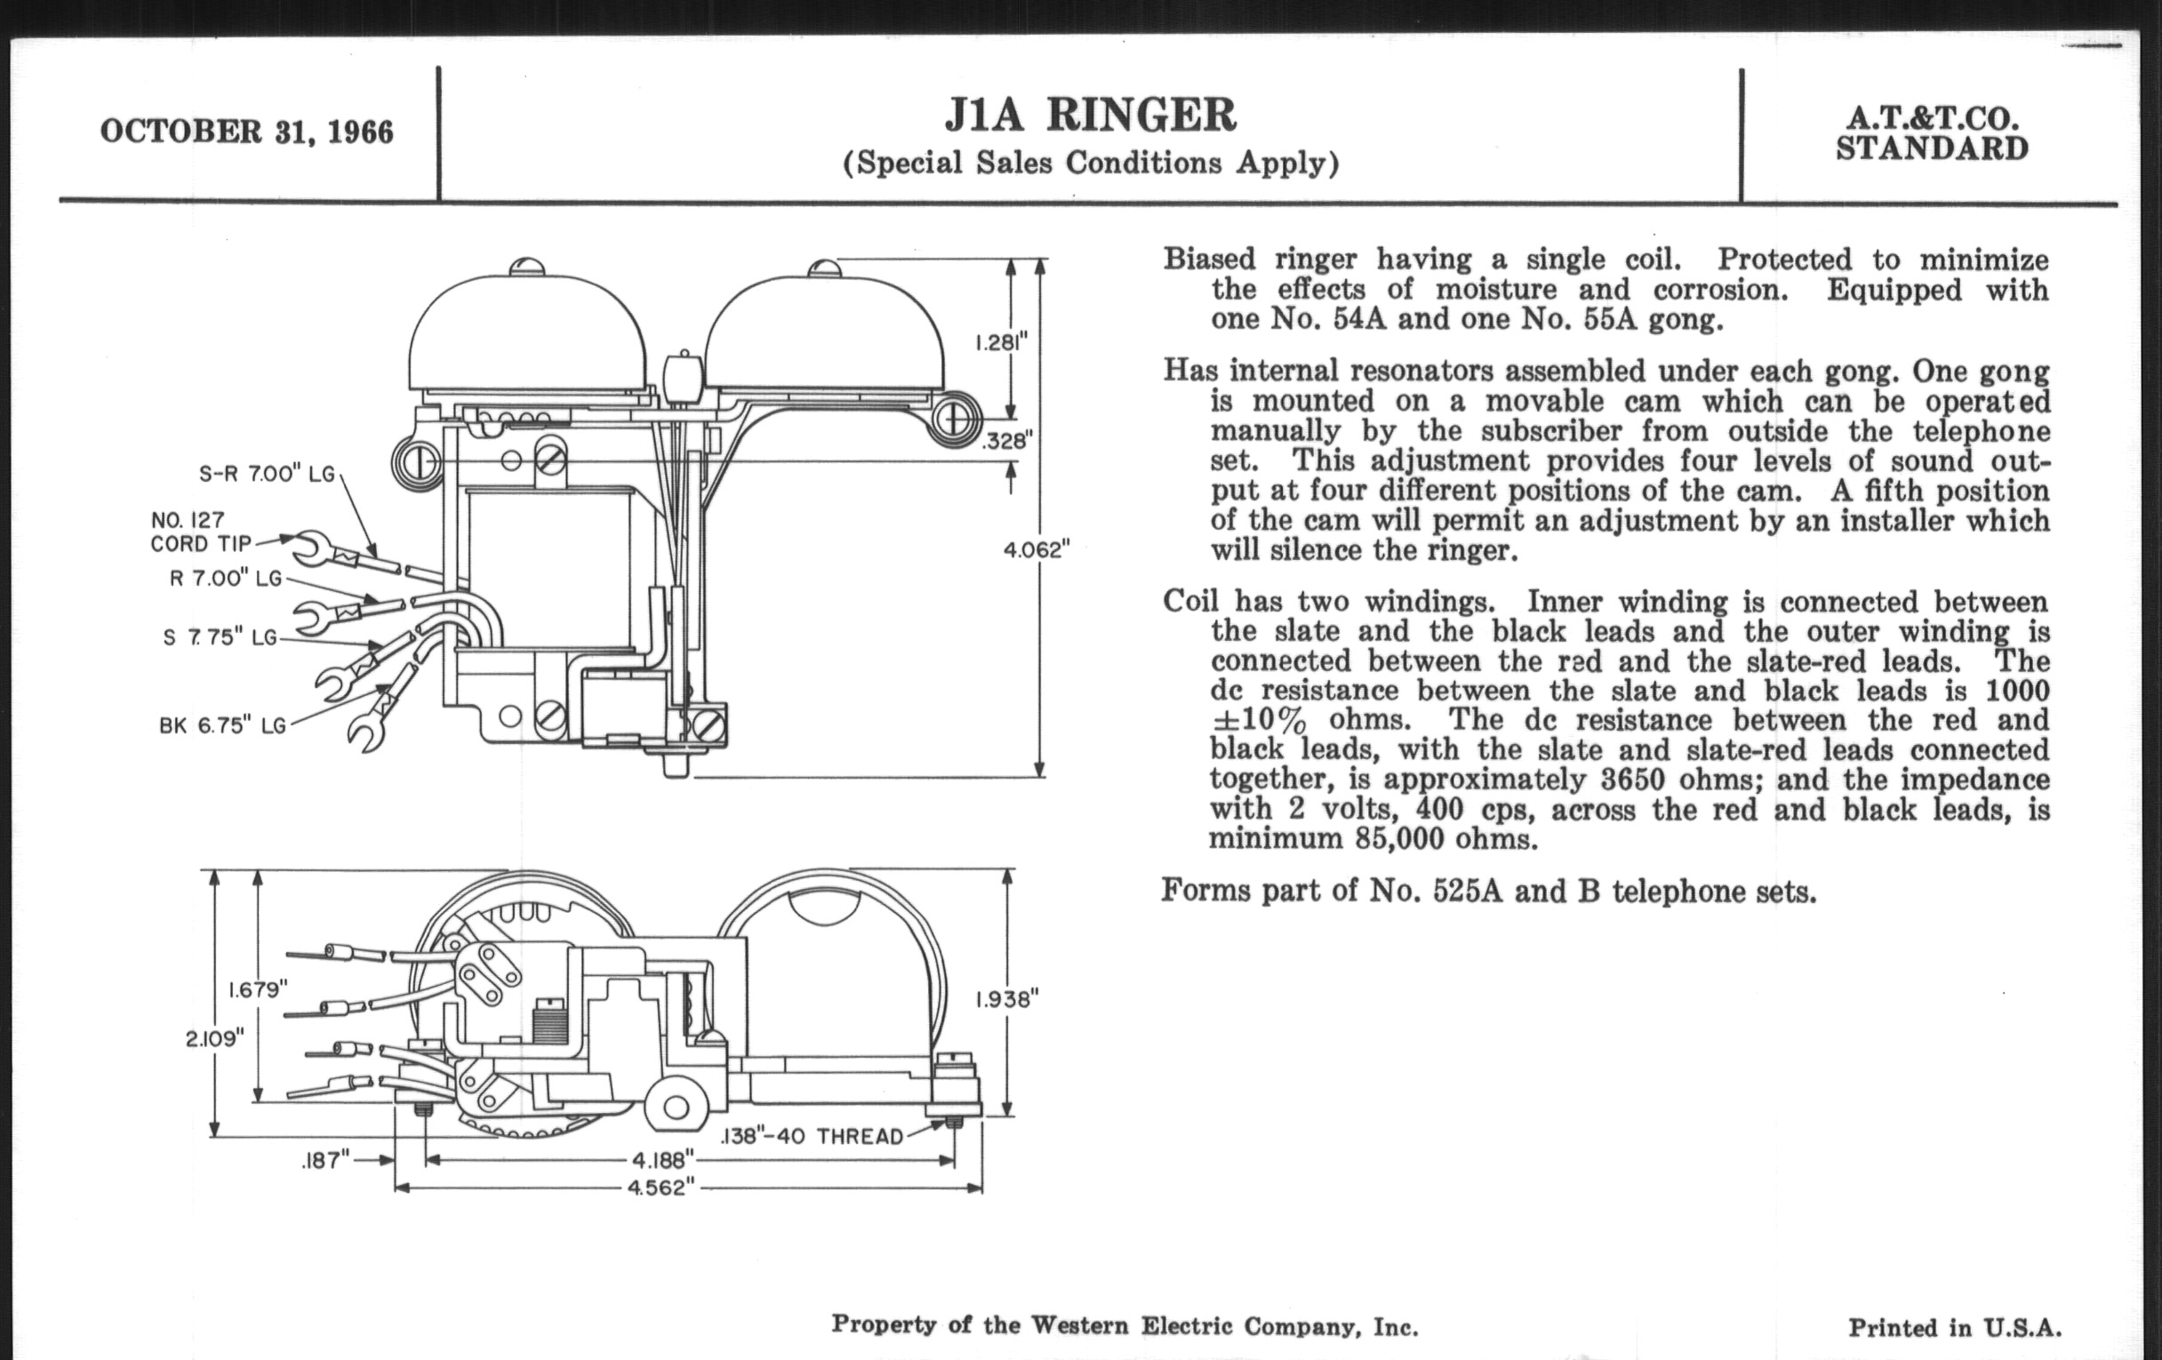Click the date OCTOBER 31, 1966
(x=247, y=132)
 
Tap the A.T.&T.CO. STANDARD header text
(x=1931, y=133)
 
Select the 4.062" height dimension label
(x=1037, y=549)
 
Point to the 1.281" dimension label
(x=1001, y=343)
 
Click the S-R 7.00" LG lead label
(x=266, y=474)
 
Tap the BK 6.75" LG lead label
(x=222, y=725)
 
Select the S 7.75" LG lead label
(x=220, y=637)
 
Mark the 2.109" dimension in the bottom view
(x=214, y=1038)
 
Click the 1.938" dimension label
(x=1007, y=999)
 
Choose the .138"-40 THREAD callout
(x=813, y=1137)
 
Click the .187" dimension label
(x=325, y=1161)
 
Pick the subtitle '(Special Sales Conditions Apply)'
(x=1090, y=164)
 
